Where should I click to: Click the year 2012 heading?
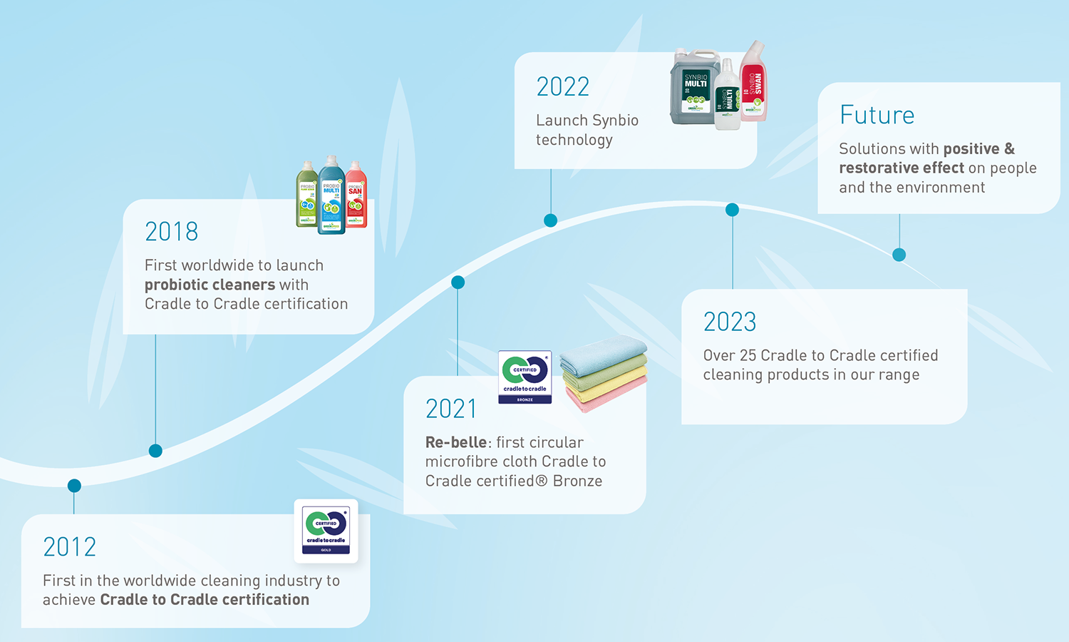click(69, 547)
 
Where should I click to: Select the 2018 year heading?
click(171, 232)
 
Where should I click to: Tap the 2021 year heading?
click(450, 409)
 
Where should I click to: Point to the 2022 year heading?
click(562, 87)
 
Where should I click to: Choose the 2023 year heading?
click(729, 322)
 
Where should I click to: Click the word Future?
click(877, 116)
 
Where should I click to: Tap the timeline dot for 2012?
click(74, 486)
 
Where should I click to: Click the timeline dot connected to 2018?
click(155, 451)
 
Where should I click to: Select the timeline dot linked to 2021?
click(458, 282)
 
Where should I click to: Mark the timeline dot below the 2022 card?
click(550, 220)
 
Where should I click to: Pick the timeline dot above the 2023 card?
click(732, 210)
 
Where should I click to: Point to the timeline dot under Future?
click(899, 255)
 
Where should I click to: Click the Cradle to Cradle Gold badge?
click(326, 531)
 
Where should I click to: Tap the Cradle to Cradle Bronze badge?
click(525, 377)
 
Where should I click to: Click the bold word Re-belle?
click(456, 442)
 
